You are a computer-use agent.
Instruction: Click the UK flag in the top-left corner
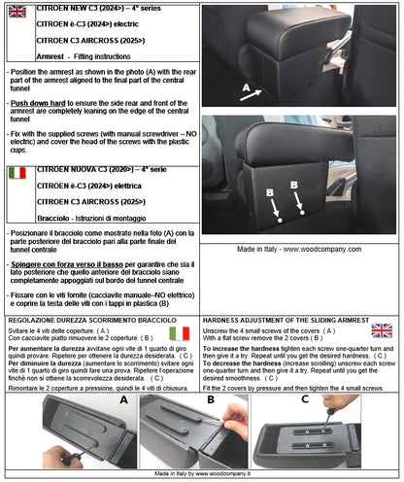click(17, 12)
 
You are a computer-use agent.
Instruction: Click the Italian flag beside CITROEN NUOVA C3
click(17, 174)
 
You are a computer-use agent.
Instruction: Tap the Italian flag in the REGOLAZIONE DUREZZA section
click(179, 332)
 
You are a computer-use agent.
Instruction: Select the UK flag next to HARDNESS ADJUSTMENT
click(382, 330)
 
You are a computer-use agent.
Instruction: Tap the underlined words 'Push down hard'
click(39, 100)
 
